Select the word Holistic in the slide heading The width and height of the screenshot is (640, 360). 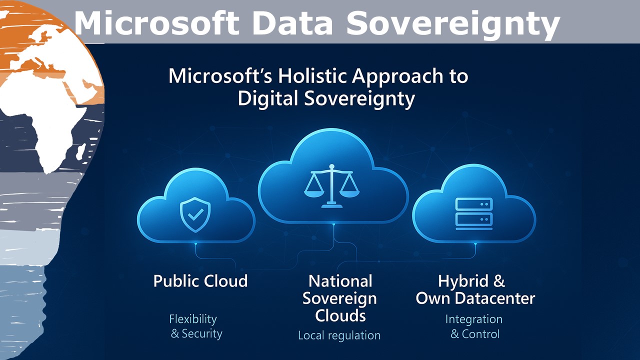pyautogui.click(x=305, y=76)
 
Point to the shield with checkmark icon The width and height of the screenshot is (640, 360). pyautogui.click(x=195, y=214)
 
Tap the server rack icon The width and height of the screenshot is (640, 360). pyautogui.click(x=473, y=213)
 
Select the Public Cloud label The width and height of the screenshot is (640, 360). pyautogui.click(x=200, y=281)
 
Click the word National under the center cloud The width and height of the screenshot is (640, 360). pyautogui.click(x=340, y=281)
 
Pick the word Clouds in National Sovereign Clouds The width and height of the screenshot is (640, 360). pyautogui.click(x=340, y=316)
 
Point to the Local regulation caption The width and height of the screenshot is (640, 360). pyautogui.click(x=339, y=335)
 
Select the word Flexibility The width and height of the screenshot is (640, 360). pyautogui.click(x=193, y=319)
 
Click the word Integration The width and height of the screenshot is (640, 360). pyautogui.click(x=473, y=319)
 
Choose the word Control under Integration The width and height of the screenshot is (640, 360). pyautogui.click(x=480, y=334)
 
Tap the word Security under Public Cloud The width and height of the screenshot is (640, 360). pyautogui.click(x=202, y=333)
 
